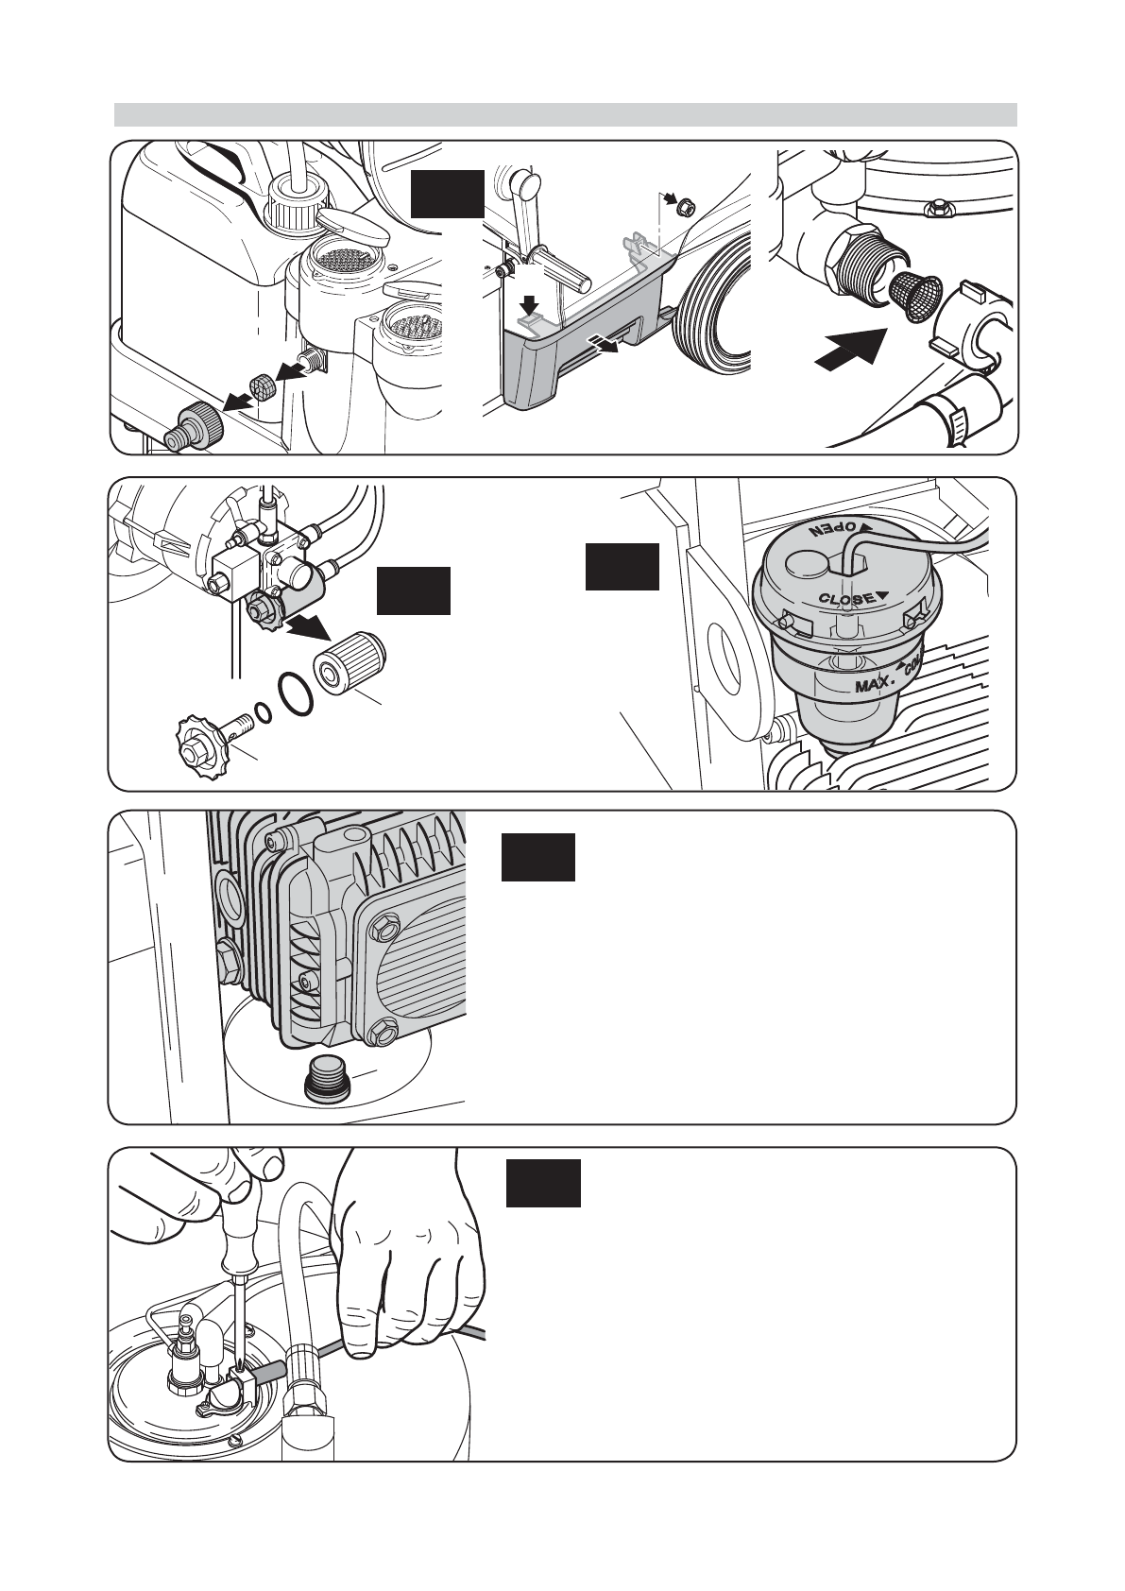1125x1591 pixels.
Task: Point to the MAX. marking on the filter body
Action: (876, 681)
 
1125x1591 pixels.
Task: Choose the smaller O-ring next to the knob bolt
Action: (264, 711)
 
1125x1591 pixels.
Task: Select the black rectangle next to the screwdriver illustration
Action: (542, 1183)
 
